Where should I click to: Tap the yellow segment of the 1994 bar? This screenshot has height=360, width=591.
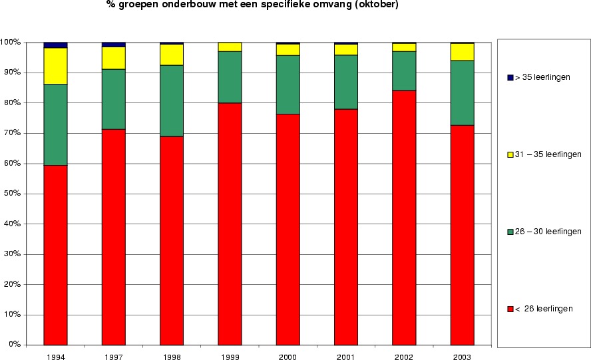[55, 66]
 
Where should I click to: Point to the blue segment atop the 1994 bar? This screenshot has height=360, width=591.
[55, 45]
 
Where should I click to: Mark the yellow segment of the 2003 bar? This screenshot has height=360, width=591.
[462, 52]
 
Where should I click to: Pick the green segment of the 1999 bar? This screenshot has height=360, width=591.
[230, 77]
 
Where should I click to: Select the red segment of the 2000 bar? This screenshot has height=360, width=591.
[288, 230]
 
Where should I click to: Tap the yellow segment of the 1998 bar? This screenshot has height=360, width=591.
[171, 55]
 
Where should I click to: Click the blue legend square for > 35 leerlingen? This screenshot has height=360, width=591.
[510, 78]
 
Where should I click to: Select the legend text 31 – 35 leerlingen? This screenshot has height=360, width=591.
[548, 154]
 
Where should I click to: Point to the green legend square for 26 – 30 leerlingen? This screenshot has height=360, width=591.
[510, 232]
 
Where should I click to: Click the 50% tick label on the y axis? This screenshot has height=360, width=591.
[12, 194]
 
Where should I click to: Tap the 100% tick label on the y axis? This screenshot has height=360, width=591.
[10, 43]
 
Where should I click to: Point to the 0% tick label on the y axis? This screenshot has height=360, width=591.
[14, 345]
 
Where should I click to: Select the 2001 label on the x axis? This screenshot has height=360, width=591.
[345, 357]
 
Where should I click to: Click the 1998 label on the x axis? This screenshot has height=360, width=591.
[171, 357]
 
